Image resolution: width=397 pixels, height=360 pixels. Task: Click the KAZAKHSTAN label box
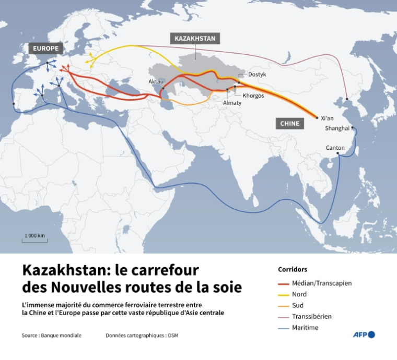click(195, 38)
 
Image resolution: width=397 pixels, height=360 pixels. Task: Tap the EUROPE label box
click(46, 49)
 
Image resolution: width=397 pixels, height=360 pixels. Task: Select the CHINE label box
click(290, 123)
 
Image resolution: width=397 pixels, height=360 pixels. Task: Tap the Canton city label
click(335, 148)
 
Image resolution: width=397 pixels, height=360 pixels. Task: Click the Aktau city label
click(156, 82)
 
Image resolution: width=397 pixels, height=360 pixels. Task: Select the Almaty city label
click(232, 103)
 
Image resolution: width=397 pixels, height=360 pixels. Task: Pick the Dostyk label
click(257, 75)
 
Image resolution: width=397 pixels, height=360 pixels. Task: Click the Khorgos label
click(253, 95)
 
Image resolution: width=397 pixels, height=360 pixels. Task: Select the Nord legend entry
click(300, 294)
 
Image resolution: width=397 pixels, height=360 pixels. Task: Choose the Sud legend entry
click(298, 305)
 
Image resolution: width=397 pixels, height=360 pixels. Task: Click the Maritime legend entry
click(306, 328)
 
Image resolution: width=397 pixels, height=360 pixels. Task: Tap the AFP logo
click(364, 334)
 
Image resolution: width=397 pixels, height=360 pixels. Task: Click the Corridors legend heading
click(293, 270)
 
